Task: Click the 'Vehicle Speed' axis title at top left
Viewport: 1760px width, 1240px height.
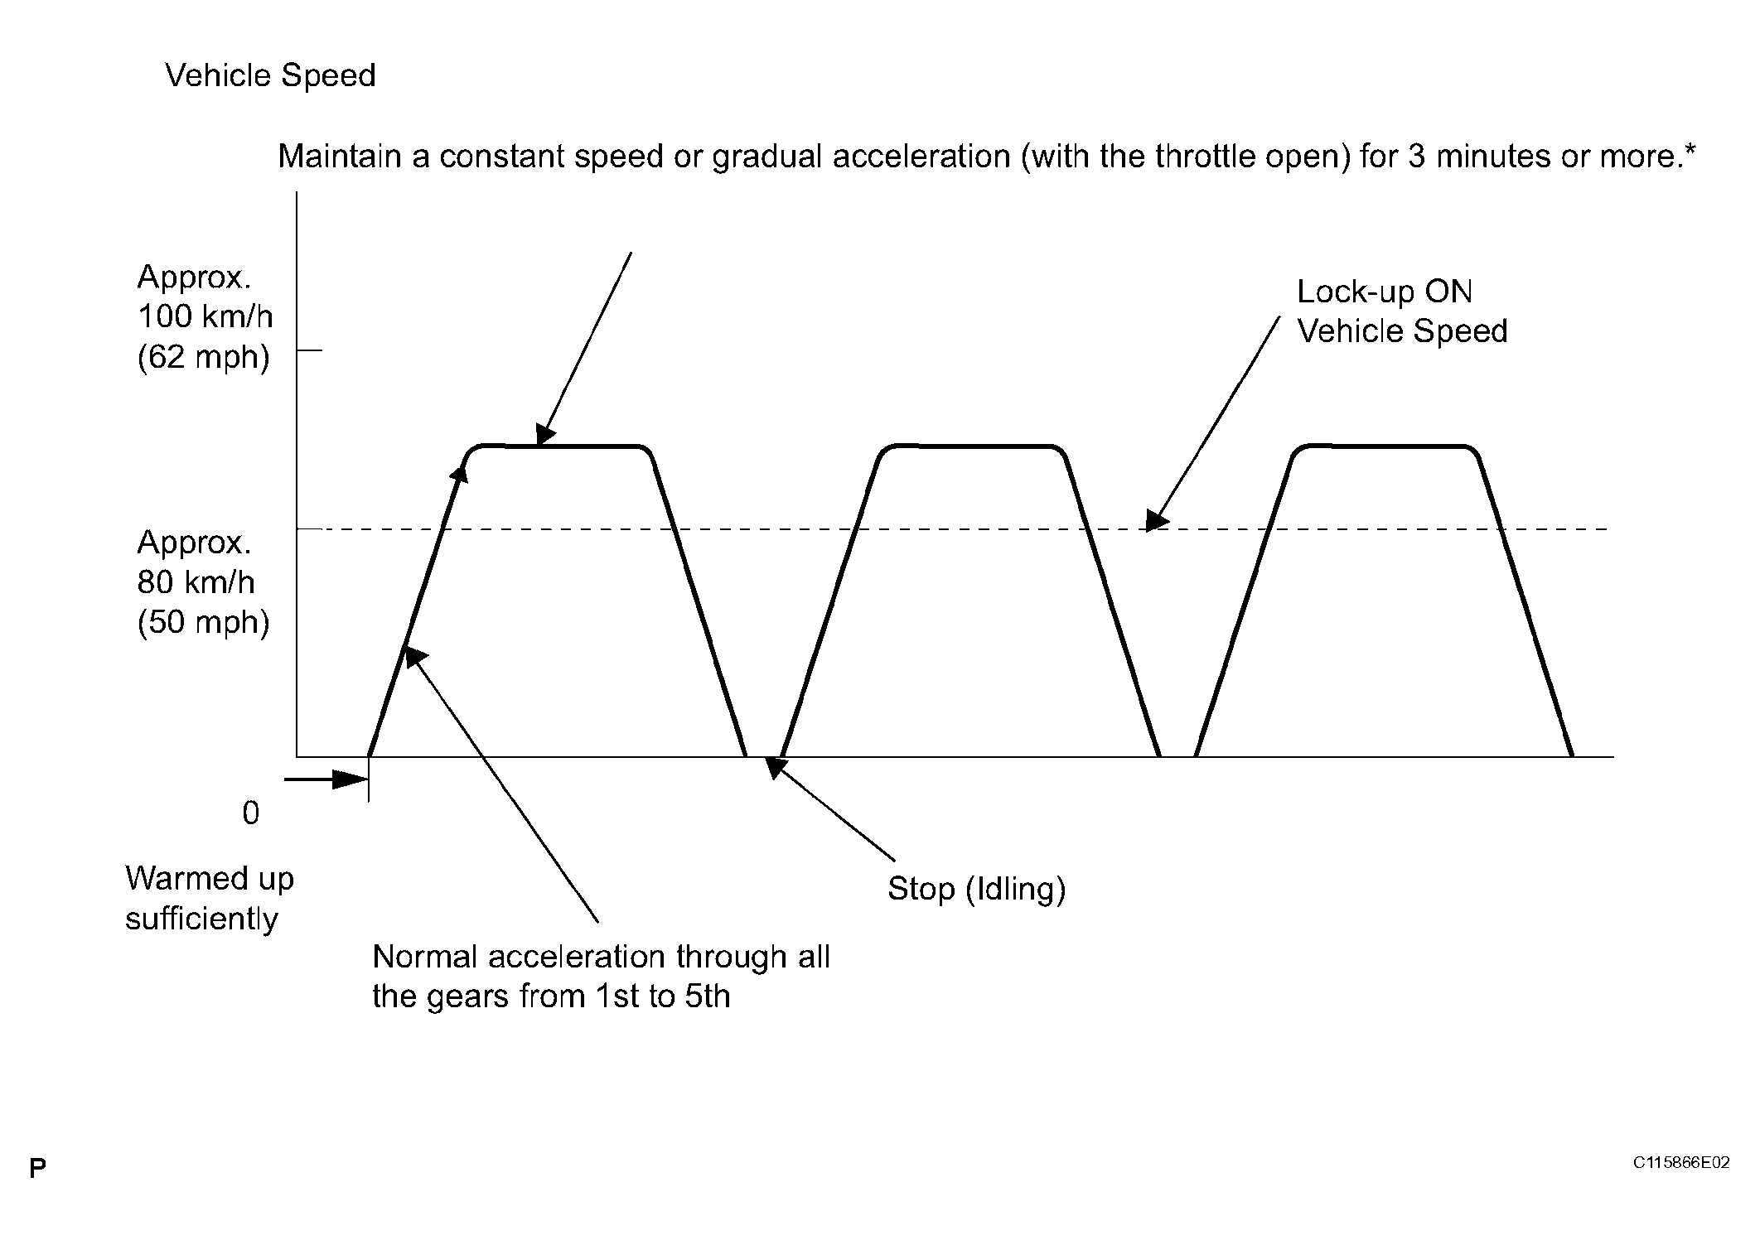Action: click(x=270, y=76)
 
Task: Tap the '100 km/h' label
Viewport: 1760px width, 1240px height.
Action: click(x=205, y=316)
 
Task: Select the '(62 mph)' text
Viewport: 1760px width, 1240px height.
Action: click(x=204, y=357)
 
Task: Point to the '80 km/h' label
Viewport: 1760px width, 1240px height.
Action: click(x=196, y=582)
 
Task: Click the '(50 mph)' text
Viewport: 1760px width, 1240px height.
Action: click(x=204, y=622)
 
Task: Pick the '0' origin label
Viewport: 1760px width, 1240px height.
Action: click(x=250, y=813)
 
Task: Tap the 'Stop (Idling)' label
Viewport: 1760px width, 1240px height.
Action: click(x=976, y=889)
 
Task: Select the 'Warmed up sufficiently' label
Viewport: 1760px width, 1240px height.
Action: click(x=209, y=899)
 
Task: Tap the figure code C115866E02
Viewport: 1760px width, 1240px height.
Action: click(x=1681, y=1163)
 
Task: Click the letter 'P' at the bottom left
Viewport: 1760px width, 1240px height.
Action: click(x=37, y=1169)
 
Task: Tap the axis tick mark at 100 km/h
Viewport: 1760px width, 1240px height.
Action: click(x=309, y=351)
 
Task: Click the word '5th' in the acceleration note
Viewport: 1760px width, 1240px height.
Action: click(x=708, y=996)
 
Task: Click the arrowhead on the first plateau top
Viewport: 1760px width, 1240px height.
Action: click(x=545, y=435)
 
